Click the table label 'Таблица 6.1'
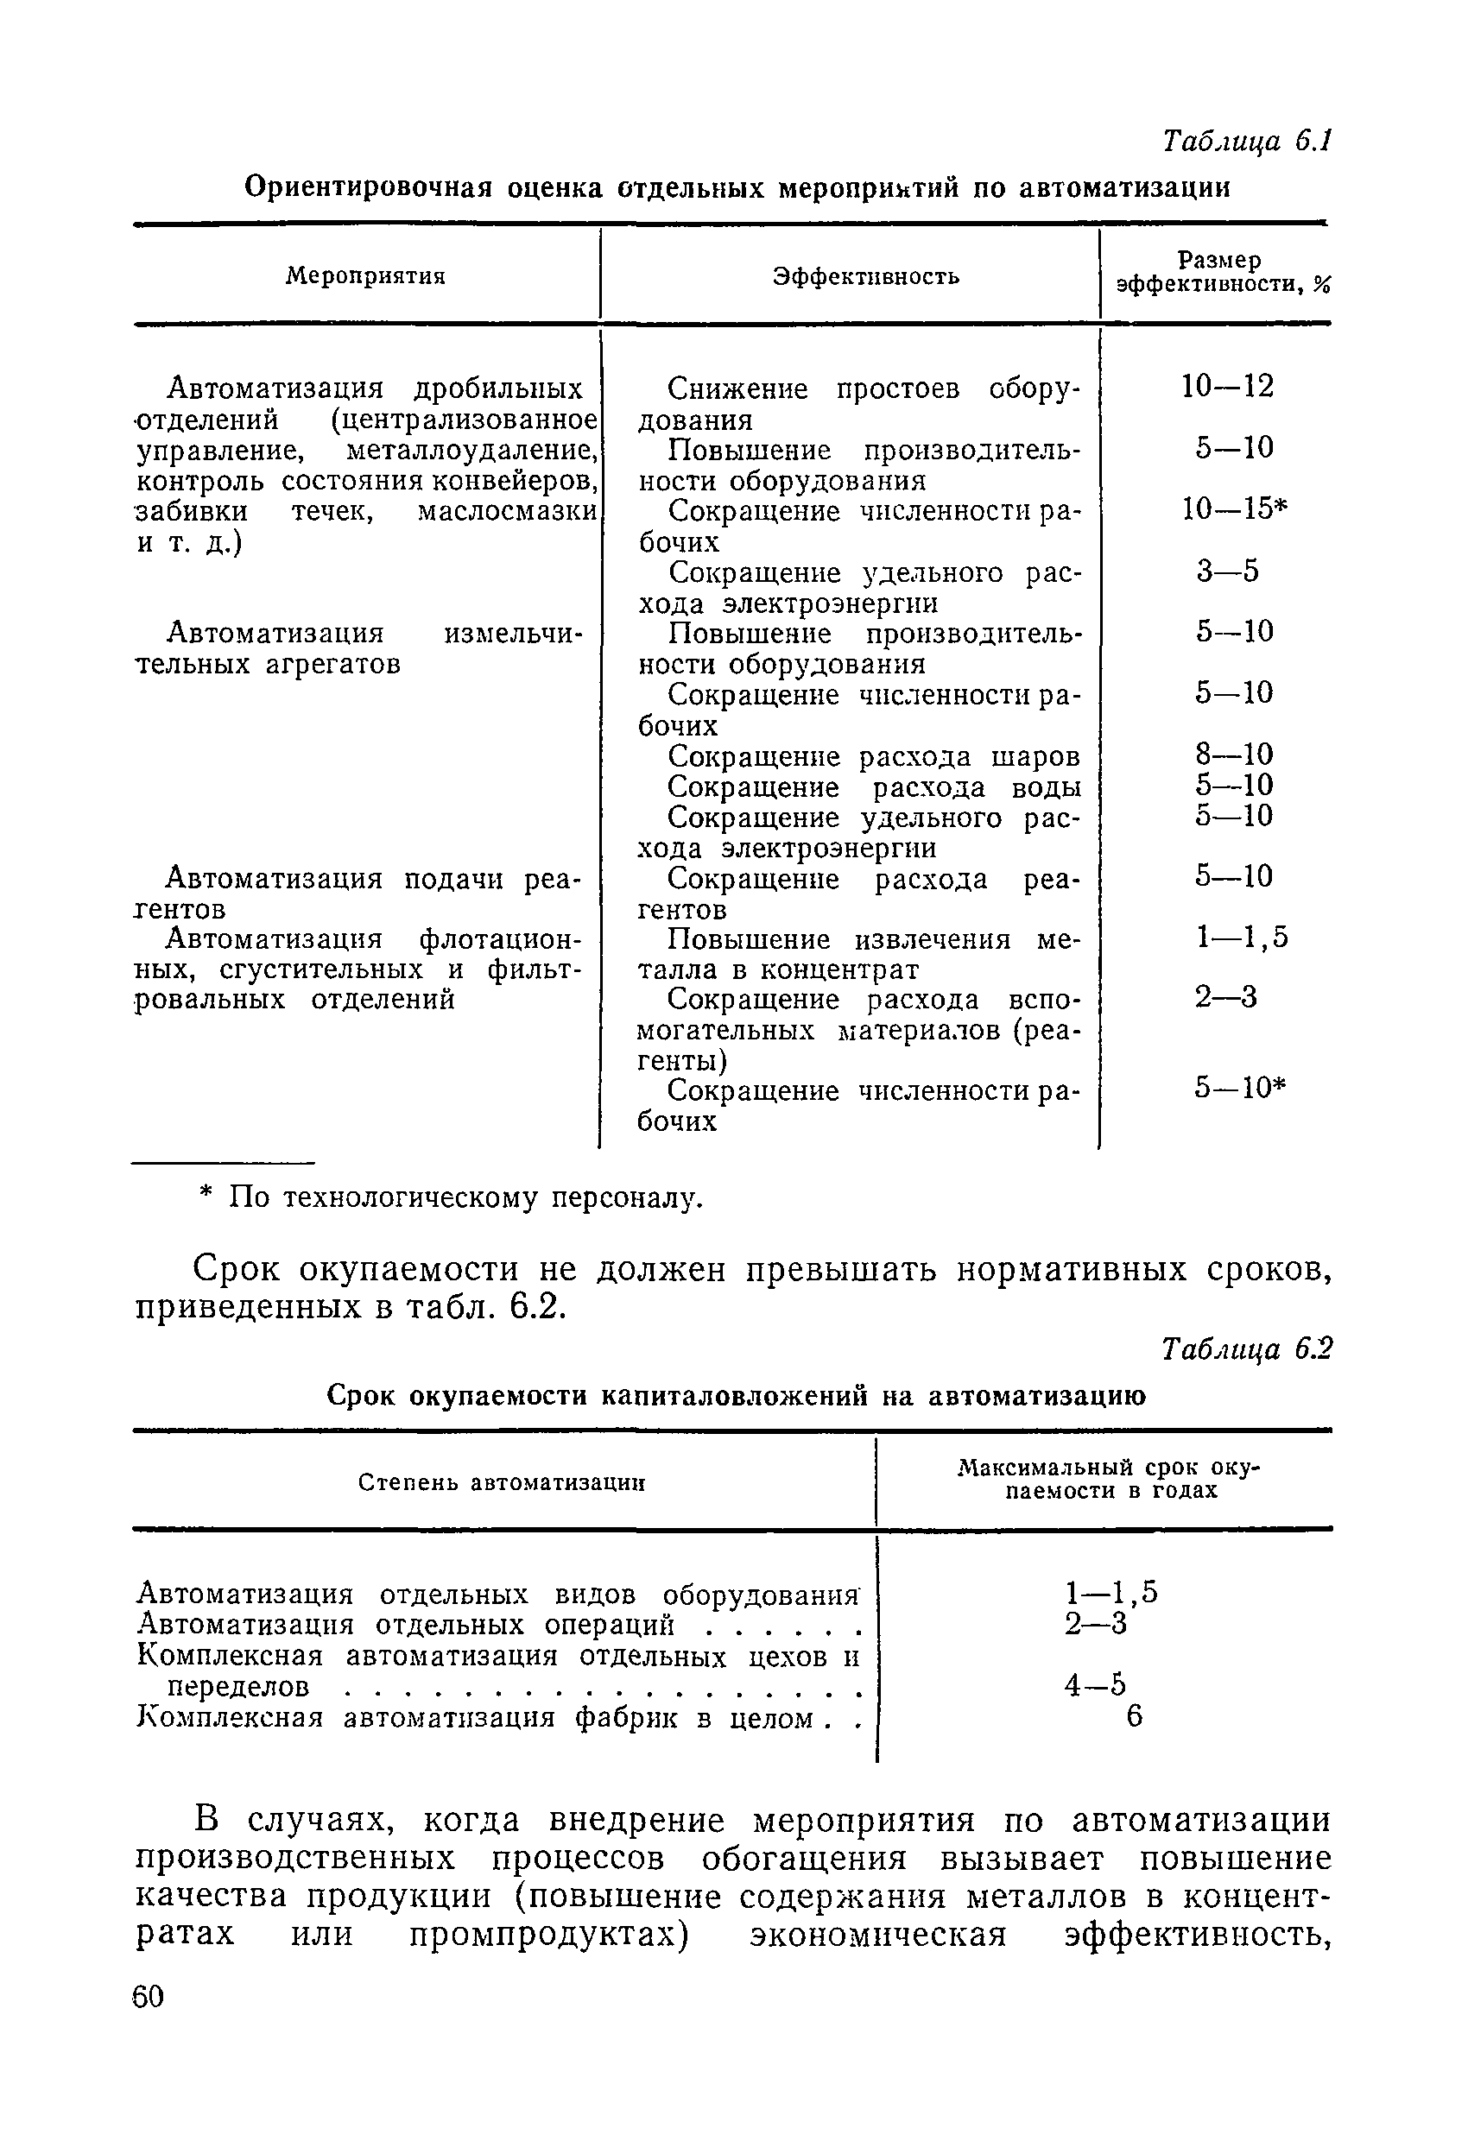point(1246,141)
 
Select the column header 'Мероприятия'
point(365,275)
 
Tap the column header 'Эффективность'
point(865,276)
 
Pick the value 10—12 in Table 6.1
point(1227,386)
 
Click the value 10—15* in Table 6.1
point(1233,508)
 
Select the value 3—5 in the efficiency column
point(1227,572)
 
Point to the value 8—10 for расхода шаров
point(1233,755)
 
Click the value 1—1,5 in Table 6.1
point(1241,938)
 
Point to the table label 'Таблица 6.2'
point(1246,1348)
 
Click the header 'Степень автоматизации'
point(500,1482)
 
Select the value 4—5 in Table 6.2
point(1095,1685)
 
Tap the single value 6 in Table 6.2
point(1135,1716)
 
